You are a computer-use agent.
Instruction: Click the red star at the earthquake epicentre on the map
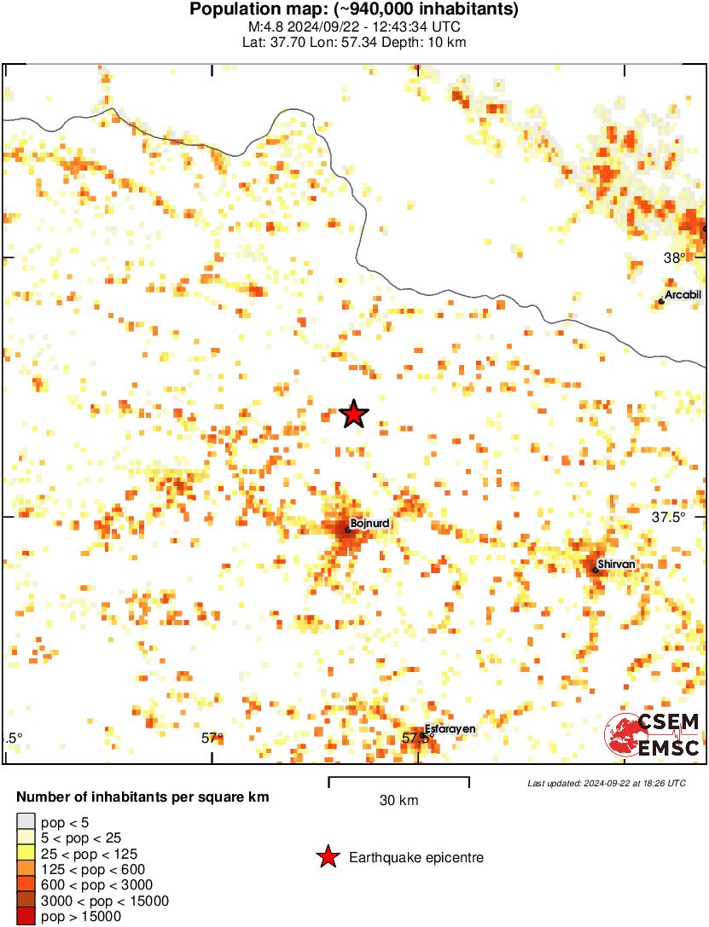[353, 414]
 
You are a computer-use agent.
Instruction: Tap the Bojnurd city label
[369, 523]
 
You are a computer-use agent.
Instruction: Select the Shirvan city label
[617, 564]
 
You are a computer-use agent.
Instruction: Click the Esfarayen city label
[450, 729]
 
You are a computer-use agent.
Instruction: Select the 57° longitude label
[212, 739]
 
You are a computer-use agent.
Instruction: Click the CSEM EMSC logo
[653, 735]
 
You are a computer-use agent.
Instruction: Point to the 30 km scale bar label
[398, 801]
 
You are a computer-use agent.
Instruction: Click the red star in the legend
[327, 857]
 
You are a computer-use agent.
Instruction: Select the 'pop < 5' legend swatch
[26, 822]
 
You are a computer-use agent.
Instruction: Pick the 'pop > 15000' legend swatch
[26, 917]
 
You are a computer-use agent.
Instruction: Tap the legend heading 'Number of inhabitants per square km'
[143, 798]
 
